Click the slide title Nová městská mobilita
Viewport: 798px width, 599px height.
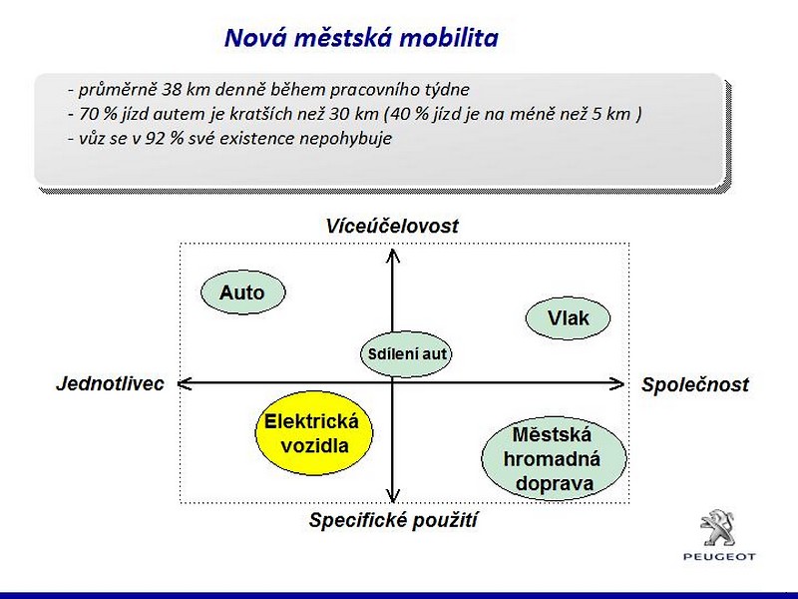click(361, 38)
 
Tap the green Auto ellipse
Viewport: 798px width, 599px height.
click(243, 292)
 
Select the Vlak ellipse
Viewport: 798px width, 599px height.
click(568, 317)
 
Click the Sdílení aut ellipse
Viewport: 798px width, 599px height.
click(406, 354)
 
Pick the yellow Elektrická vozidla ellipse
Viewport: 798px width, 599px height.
click(314, 433)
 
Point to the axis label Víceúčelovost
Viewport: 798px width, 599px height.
click(392, 227)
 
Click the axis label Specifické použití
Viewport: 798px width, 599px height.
click(393, 520)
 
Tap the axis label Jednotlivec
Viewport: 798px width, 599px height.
click(110, 383)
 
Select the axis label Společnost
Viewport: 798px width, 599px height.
click(695, 384)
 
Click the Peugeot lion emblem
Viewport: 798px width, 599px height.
click(718, 528)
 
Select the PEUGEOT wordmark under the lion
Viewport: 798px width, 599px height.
click(719, 557)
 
